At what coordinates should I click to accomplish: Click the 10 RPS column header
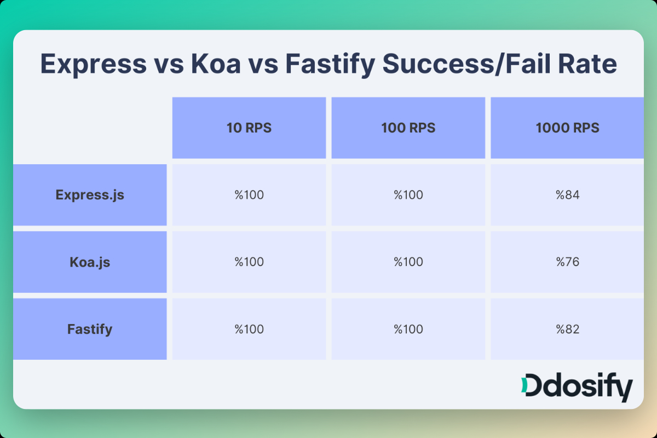(x=249, y=128)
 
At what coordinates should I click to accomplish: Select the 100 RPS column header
(x=408, y=128)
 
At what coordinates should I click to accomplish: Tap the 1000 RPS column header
(x=567, y=128)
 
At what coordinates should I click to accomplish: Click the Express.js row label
(x=90, y=195)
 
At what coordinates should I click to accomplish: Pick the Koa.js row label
(x=90, y=262)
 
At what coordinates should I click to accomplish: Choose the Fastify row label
(x=90, y=329)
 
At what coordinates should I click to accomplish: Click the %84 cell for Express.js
(x=567, y=195)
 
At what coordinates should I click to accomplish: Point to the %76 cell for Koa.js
(x=567, y=262)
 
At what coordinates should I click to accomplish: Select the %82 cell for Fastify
(x=567, y=329)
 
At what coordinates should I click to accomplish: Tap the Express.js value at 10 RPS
(x=249, y=195)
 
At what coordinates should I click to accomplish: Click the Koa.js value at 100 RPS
(x=408, y=262)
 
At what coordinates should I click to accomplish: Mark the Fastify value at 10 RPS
(x=249, y=329)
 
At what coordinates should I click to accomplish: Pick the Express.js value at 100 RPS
(x=408, y=195)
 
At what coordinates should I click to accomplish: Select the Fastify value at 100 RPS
(x=408, y=329)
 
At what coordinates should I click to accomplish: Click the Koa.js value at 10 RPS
(x=249, y=262)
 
